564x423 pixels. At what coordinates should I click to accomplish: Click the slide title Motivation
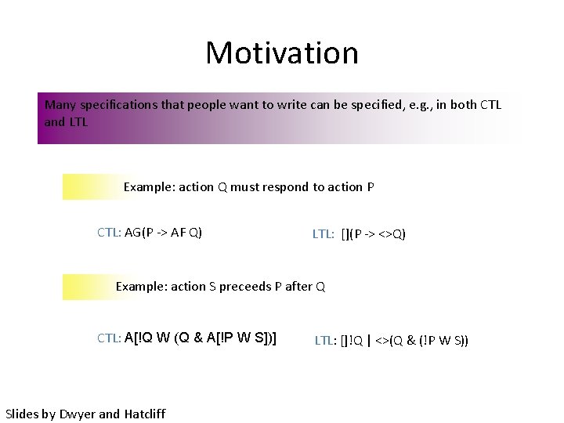[x=282, y=53]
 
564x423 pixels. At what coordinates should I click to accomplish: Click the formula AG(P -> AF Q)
[x=163, y=232]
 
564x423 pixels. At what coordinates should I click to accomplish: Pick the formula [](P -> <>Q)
[x=374, y=233]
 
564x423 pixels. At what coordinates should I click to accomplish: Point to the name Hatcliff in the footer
[x=145, y=414]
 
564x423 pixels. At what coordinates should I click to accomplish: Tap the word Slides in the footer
[x=22, y=414]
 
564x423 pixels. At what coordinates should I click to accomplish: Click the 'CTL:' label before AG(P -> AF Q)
[x=109, y=232]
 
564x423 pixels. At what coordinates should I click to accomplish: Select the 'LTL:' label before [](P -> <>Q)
[x=324, y=233]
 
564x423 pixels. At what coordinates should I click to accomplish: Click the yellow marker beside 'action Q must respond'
[x=90, y=187]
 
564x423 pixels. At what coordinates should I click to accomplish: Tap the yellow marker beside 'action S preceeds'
[x=86, y=287]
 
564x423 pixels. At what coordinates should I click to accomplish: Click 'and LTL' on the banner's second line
[x=67, y=121]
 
